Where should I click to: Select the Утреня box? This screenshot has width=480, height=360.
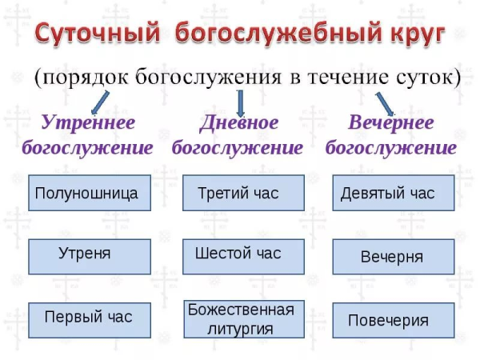point(90,256)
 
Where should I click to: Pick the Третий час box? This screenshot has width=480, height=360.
point(243,194)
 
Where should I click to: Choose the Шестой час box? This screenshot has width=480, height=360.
point(243,256)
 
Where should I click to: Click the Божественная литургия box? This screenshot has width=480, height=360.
point(243,318)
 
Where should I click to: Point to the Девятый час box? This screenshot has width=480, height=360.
point(393,194)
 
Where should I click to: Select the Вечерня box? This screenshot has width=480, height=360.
point(393,257)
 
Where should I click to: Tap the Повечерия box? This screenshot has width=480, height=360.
point(393,320)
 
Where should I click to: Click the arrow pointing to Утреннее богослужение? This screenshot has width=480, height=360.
point(101,102)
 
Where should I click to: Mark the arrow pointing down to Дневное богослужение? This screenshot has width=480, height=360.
point(241,100)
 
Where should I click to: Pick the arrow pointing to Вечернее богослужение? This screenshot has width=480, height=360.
point(385,101)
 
